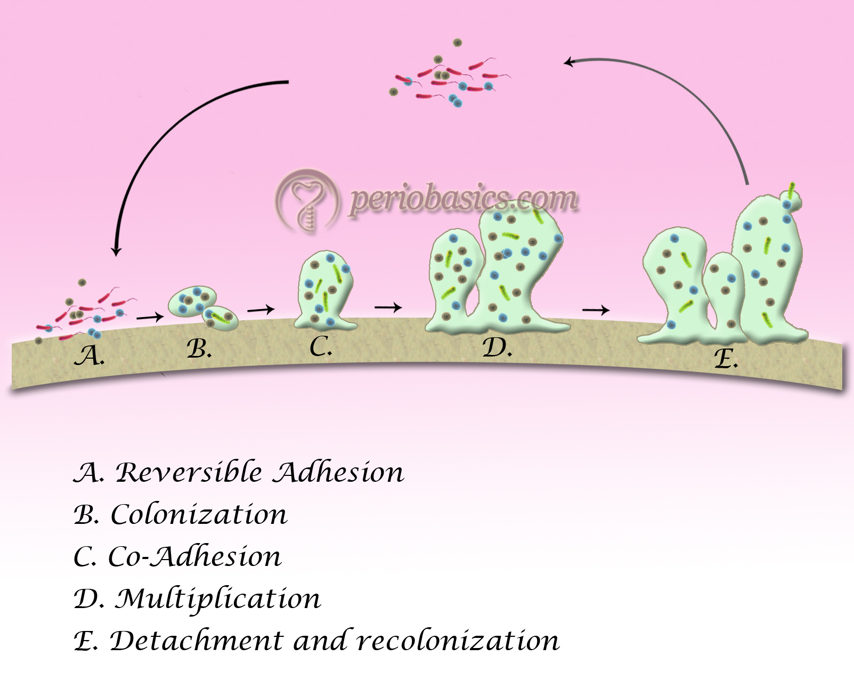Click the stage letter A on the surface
88,355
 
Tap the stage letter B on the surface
199,349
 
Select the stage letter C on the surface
320,347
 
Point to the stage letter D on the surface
497,348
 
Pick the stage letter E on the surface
725,359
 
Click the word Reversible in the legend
189,472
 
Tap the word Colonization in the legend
199,514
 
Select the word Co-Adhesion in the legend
194,556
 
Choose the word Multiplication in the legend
218,598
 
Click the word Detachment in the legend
196,641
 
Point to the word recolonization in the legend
458,641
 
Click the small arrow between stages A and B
150,318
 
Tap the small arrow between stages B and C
261,309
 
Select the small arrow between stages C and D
388,307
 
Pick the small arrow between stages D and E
596,310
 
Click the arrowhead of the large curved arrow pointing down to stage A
116,250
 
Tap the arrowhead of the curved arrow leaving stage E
568,62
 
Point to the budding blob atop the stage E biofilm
792,200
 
